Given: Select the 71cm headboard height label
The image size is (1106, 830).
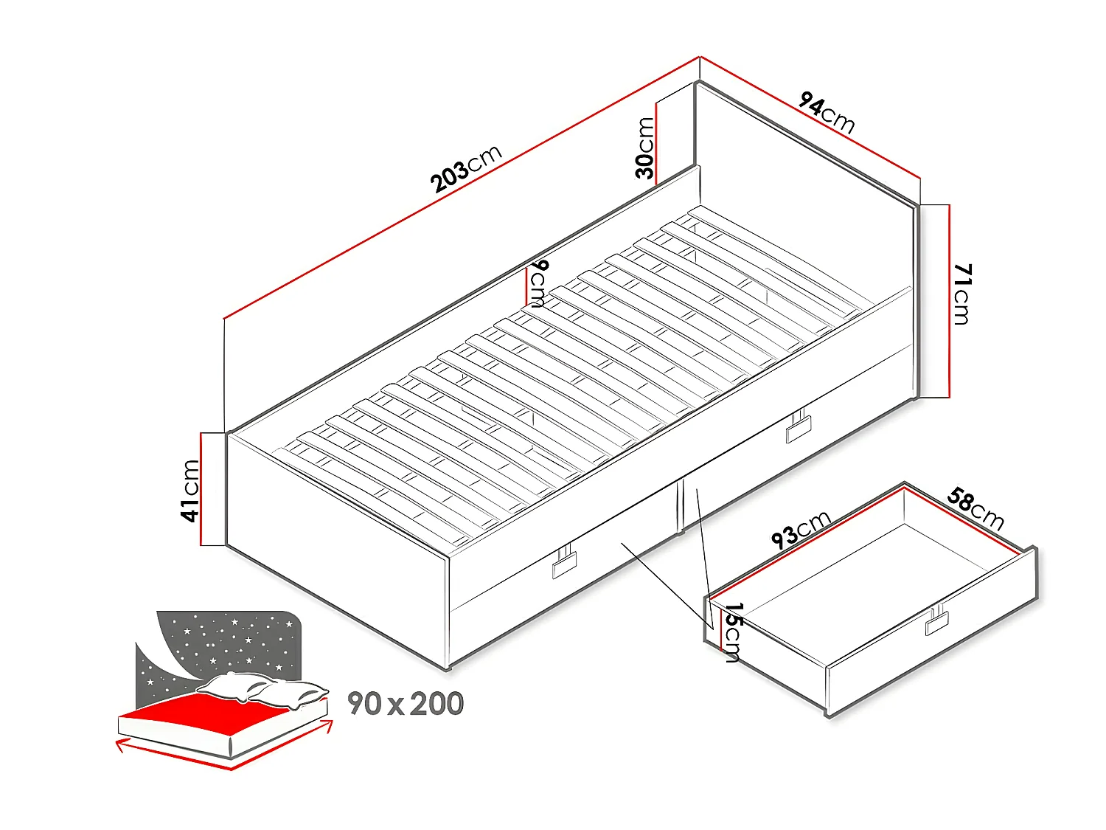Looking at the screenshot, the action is point(962,294).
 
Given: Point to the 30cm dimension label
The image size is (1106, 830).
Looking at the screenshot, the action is point(645,148).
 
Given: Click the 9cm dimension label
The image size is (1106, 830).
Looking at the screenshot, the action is point(539,283).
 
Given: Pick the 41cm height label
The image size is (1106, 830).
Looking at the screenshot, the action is point(191,490).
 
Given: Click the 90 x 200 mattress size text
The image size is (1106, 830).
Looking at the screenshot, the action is point(406,704).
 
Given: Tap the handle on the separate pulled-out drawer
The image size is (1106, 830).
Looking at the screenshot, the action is point(939,621).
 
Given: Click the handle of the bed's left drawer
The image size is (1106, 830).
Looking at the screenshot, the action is point(565,564).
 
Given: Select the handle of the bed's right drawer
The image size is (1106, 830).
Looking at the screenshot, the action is point(798,426).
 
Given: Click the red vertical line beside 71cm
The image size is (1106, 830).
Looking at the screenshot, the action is point(950,301).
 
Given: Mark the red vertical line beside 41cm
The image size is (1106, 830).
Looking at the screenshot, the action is point(201,489).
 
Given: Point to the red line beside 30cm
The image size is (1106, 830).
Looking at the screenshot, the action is point(656,140).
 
